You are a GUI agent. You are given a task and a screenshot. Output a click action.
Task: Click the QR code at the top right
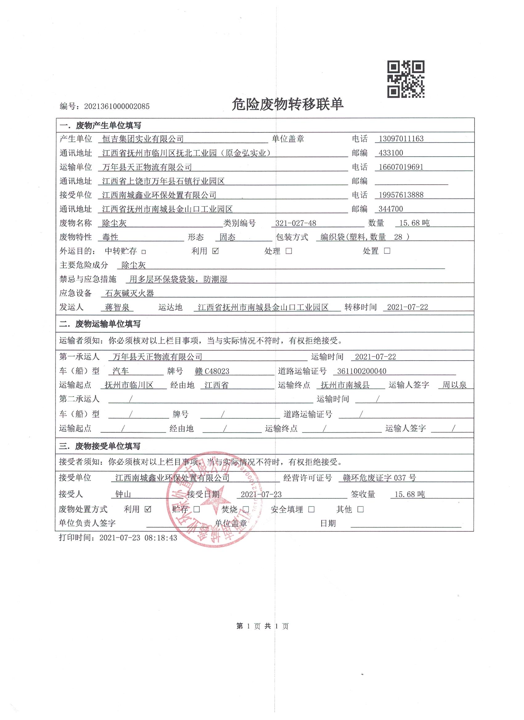pos(405,79)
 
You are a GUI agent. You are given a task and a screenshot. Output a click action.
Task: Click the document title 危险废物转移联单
pos(288,104)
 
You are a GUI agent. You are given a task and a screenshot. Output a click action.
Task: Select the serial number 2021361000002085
pos(117,106)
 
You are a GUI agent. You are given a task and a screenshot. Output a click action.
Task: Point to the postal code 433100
pos(391,153)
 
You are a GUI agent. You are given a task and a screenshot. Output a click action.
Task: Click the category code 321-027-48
pos(296,223)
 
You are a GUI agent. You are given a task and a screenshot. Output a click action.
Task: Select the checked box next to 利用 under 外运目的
pos(215,251)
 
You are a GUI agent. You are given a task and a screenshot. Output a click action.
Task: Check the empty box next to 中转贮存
pos(144,252)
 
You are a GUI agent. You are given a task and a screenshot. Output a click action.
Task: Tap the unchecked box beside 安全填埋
pos(311,510)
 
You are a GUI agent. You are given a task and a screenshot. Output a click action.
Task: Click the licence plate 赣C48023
pos(212,371)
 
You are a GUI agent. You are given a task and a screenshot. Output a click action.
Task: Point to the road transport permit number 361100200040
pos(362,371)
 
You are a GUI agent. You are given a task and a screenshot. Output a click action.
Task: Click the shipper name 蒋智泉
pos(119,307)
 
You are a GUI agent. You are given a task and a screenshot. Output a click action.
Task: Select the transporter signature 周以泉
pos(454,385)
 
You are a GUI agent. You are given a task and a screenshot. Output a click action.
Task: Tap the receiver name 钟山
pos(123,494)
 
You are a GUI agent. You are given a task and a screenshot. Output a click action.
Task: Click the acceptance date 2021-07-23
pos(261,494)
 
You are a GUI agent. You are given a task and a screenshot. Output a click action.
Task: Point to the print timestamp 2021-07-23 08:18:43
pos(117,538)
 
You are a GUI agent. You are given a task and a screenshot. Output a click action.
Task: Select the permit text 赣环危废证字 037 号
pos(379,478)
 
